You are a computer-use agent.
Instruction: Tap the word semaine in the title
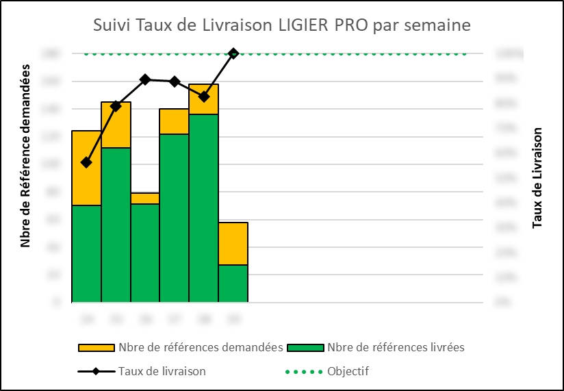coord(437,25)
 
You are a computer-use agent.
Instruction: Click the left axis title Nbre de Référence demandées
coord(26,155)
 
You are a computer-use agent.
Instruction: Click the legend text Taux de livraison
coord(162,371)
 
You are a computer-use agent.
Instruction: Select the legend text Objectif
coord(348,371)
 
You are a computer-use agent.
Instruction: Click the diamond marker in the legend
coord(97,371)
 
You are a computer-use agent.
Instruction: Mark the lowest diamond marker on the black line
coord(86,162)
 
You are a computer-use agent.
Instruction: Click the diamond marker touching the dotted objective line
coord(233,53)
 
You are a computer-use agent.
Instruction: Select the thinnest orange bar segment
coord(145,198)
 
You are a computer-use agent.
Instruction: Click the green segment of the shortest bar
coord(233,283)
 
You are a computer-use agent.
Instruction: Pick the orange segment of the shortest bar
coord(233,243)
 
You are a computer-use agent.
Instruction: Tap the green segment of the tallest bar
coord(204,207)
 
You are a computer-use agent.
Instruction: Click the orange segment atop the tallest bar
coord(204,99)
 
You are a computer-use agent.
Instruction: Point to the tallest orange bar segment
coord(86,168)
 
